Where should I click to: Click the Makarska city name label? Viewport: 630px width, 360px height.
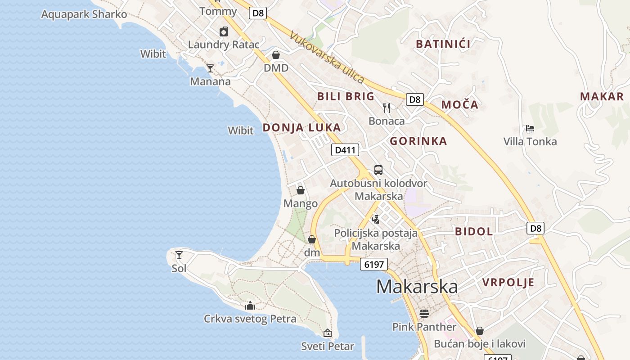(x=417, y=287)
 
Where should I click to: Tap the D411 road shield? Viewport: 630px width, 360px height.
(x=345, y=150)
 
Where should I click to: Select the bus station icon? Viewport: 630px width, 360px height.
(x=378, y=170)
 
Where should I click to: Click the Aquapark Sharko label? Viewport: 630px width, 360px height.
(x=84, y=14)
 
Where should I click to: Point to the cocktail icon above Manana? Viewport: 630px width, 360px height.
(x=210, y=68)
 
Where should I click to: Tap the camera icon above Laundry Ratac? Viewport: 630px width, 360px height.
(x=224, y=31)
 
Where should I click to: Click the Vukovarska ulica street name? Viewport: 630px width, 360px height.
(x=327, y=57)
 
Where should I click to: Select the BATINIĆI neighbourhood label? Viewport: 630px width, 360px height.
(x=443, y=44)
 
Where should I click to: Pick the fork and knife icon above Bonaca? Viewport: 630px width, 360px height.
(x=387, y=108)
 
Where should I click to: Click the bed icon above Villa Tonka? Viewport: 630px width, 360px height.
(x=530, y=128)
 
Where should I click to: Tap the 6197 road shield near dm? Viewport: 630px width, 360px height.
(x=374, y=264)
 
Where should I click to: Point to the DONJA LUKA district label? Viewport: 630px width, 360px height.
(x=301, y=128)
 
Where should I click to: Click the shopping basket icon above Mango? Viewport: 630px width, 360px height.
(x=300, y=190)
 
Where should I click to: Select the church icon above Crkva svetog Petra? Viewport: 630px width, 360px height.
(x=250, y=306)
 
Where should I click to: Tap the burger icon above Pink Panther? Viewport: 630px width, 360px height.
(x=424, y=313)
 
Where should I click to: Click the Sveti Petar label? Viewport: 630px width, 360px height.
(x=328, y=346)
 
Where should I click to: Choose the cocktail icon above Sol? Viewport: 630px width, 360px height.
(x=179, y=255)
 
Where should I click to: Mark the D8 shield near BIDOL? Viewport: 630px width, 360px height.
(x=535, y=228)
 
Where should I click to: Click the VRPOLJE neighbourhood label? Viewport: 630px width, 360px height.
(x=508, y=283)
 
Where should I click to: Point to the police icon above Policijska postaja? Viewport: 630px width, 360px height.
(x=375, y=219)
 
